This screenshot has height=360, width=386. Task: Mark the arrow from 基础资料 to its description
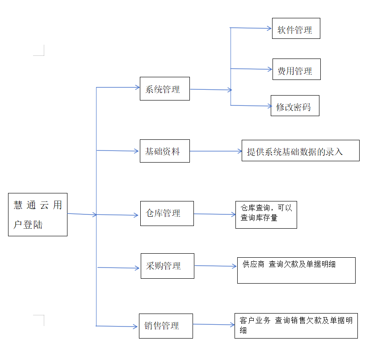coord(216,151)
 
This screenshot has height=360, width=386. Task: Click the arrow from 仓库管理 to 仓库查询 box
coord(215,214)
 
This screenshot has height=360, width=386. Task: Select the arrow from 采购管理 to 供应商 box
coord(216,266)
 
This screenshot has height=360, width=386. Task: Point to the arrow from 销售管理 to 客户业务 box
coord(214,325)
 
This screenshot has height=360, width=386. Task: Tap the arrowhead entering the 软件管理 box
coord(269,28)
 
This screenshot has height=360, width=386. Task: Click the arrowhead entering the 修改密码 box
coord(270,106)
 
